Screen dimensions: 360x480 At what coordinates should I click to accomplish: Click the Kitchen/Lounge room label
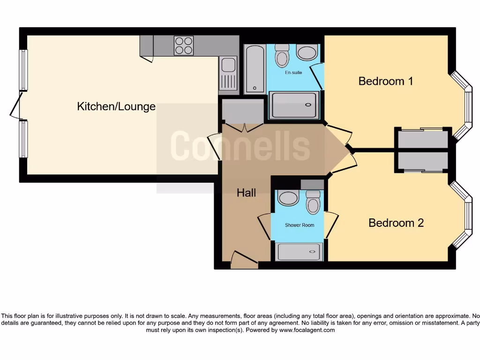pyautogui.click(x=116, y=106)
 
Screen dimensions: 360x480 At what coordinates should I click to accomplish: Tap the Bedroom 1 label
pyautogui.click(x=386, y=81)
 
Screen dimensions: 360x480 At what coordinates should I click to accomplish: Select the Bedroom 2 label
pyautogui.click(x=396, y=223)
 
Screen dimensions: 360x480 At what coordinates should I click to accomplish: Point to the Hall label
pyautogui.click(x=246, y=192)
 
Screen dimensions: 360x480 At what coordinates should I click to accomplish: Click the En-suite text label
pyautogui.click(x=293, y=73)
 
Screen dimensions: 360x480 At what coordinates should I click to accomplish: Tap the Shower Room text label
pyautogui.click(x=300, y=225)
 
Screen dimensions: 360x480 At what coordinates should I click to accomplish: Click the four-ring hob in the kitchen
pyautogui.click(x=183, y=45)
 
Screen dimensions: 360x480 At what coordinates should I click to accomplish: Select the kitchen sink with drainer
pyautogui.click(x=228, y=73)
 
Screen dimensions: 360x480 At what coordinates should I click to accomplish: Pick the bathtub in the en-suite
pyautogui.click(x=255, y=68)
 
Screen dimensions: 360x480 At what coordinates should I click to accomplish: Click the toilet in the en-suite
pyautogui.click(x=282, y=56)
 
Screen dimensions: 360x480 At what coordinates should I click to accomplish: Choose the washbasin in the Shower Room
pyautogui.click(x=288, y=198)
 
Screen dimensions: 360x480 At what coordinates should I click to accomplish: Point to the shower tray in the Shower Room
pyautogui.click(x=299, y=252)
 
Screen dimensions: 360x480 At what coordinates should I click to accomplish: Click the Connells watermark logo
pyautogui.click(x=240, y=146)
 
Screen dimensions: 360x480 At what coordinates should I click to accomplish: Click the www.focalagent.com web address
pyautogui.click(x=307, y=330)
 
